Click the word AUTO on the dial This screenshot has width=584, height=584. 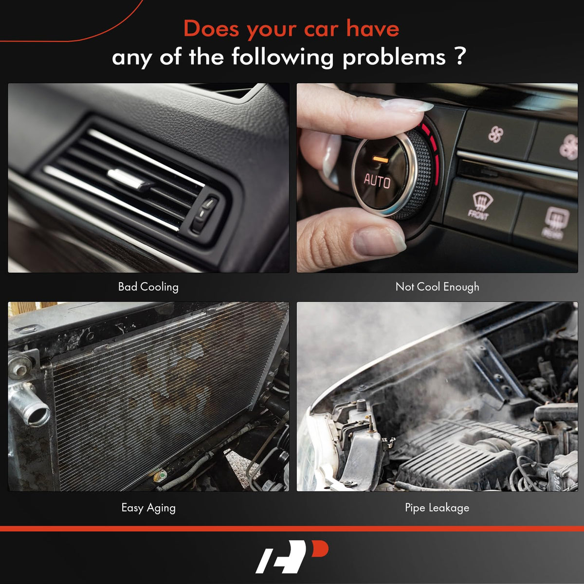pos(377,181)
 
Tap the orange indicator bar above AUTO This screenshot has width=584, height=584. pos(381,160)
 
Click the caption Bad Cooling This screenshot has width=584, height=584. pos(148,287)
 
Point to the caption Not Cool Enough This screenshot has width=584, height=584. pos(438,287)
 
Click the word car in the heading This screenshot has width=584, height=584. pos(321,29)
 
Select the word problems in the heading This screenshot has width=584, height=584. pos(394,57)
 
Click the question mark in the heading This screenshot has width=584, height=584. pos(460,56)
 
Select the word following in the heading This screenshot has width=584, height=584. pos(282,57)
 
